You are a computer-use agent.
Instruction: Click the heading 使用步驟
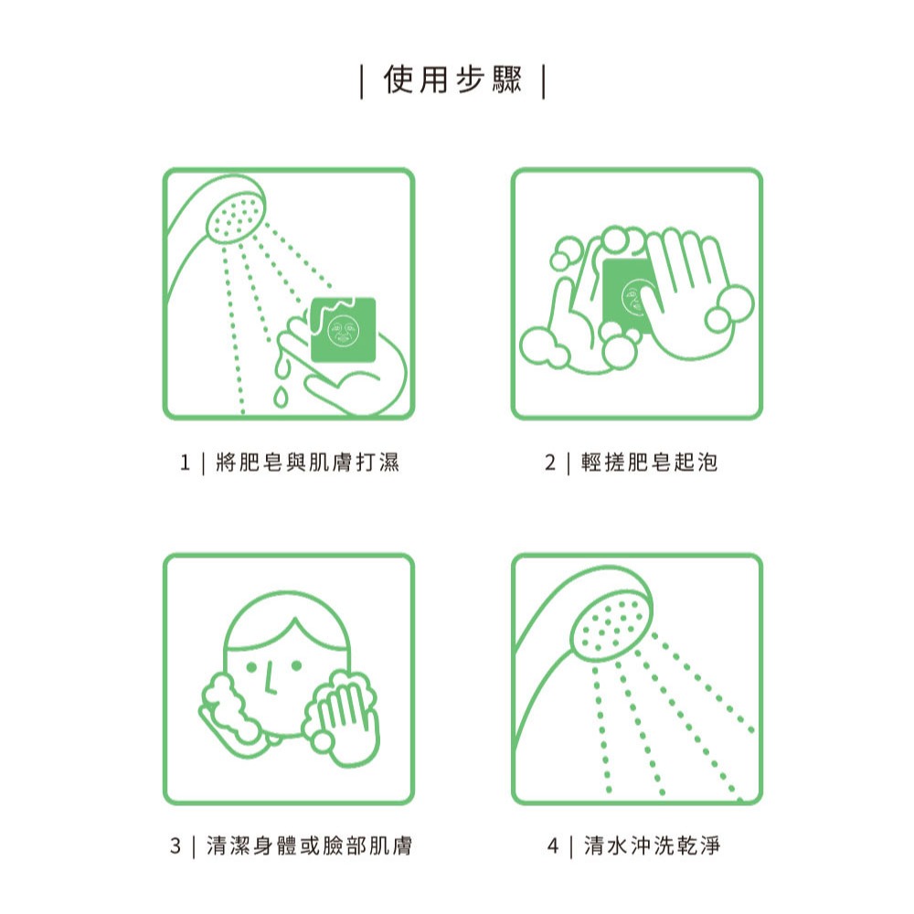pos(453,81)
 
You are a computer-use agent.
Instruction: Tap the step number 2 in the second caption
pos(550,463)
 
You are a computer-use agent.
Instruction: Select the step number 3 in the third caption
pos(175,846)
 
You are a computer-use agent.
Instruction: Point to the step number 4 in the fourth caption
pos(552,846)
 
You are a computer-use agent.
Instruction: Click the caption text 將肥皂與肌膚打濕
pos(307,463)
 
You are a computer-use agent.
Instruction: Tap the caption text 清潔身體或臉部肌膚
pos(309,846)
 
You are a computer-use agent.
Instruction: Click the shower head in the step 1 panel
pos(233,216)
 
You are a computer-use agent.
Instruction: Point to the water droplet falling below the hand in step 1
pos(280,396)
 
